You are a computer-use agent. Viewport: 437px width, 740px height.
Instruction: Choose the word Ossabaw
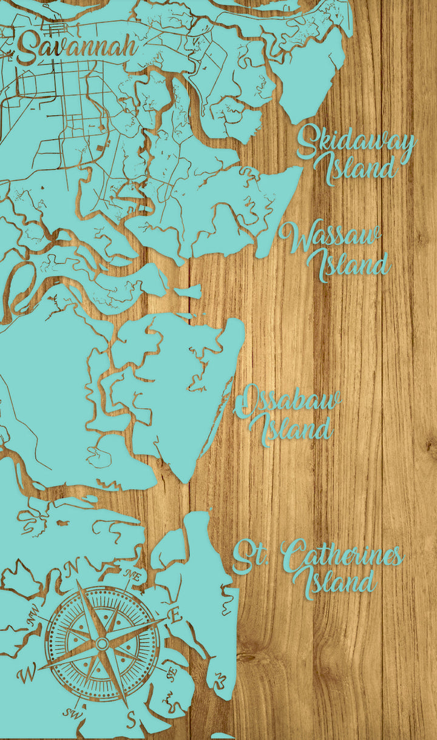tap(288, 403)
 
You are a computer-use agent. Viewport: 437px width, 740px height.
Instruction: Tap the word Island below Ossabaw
tap(296, 429)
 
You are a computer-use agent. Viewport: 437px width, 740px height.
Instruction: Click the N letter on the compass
tap(74, 567)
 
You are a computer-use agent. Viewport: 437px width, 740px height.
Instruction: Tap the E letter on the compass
tap(175, 616)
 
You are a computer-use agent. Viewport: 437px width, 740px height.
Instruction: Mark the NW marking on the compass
tap(32, 620)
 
